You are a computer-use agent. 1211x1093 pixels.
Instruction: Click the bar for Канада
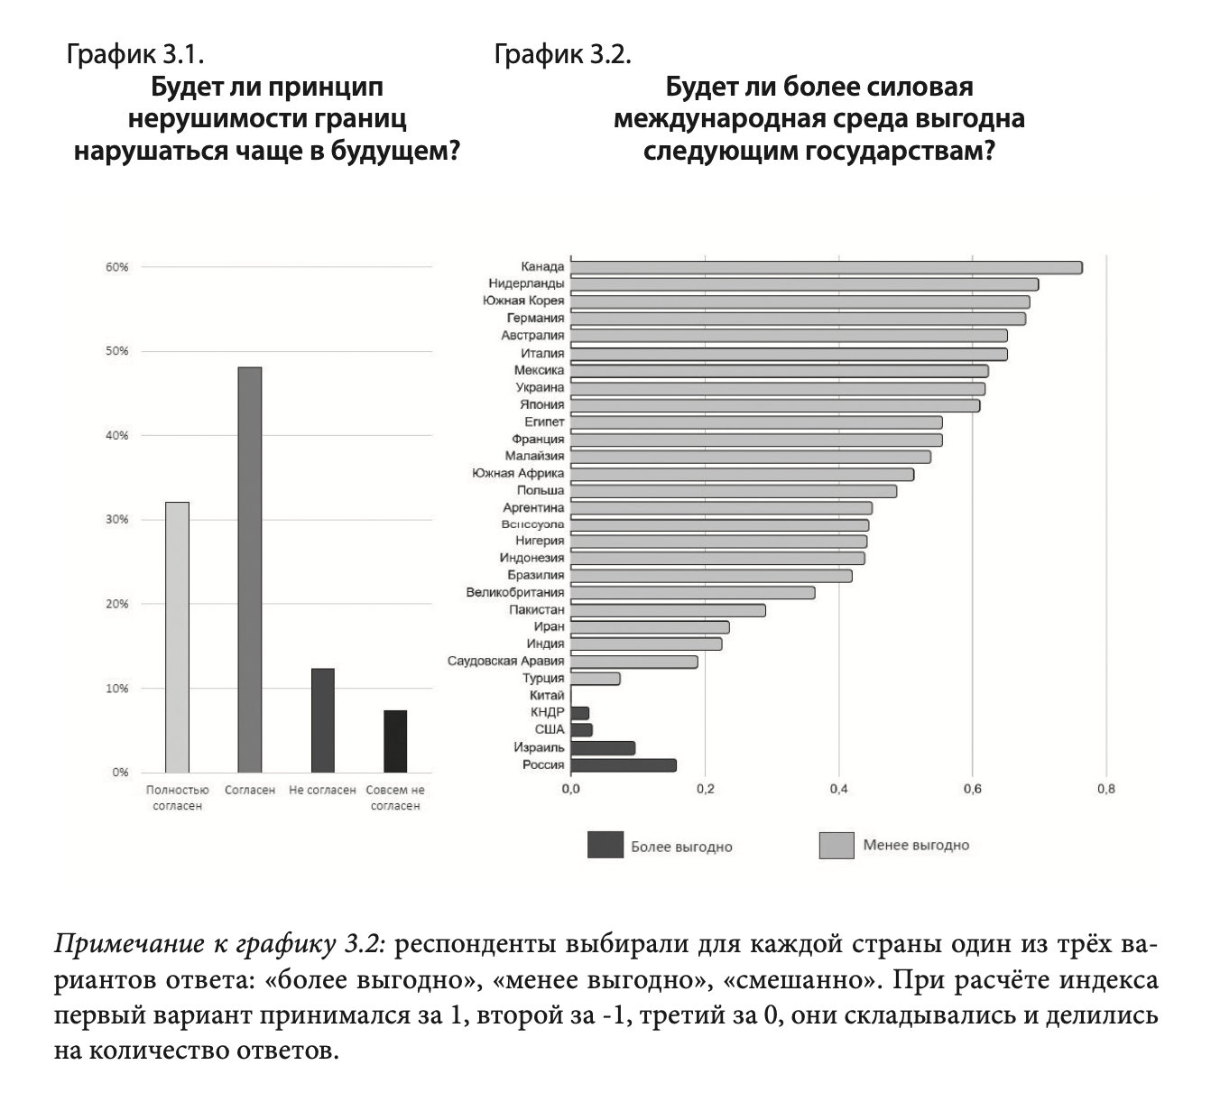[x=826, y=267]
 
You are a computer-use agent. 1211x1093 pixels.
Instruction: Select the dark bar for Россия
[x=624, y=765]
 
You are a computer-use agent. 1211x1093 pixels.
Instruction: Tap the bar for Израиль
[x=603, y=748]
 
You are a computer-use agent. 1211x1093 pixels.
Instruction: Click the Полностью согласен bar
[x=177, y=636]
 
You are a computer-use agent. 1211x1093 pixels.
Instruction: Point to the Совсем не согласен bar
[x=395, y=741]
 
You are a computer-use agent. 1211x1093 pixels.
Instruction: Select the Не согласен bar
[x=322, y=720]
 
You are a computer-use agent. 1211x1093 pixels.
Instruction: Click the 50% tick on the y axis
[x=117, y=351]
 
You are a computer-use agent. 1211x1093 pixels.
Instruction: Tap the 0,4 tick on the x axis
[x=838, y=789]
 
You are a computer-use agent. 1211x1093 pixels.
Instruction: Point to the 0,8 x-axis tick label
[x=1106, y=789]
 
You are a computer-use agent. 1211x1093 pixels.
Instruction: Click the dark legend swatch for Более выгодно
[x=605, y=846]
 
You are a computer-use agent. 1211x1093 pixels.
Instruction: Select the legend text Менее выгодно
[x=916, y=846]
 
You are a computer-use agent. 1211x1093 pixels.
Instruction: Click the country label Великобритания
[x=515, y=593]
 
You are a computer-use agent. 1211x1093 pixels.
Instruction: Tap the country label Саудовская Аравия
[x=505, y=662]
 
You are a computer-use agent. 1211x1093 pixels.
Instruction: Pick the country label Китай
[x=547, y=696]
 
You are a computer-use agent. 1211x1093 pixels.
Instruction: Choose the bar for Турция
[x=596, y=679]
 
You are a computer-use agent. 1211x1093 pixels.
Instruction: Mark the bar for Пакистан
[x=668, y=610]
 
